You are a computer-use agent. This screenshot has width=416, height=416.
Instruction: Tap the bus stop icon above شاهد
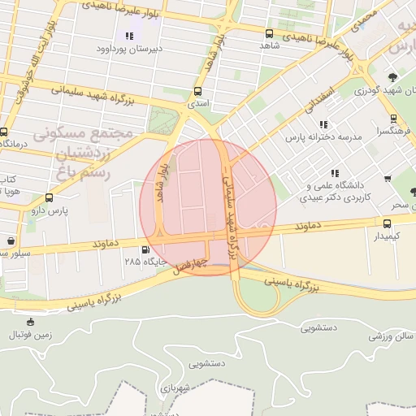pos(269,33)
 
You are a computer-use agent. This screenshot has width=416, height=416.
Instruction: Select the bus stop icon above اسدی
pos(197,92)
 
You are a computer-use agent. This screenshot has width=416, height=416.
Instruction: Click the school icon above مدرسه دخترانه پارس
pos(324,125)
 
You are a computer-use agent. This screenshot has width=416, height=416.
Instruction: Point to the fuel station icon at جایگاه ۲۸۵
pos(145,249)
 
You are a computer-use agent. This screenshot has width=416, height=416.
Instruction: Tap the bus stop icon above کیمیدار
pos(387,223)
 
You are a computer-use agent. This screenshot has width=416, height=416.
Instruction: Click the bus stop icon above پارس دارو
pos(50,197)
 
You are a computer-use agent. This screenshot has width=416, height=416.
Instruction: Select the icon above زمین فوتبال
pos(31,322)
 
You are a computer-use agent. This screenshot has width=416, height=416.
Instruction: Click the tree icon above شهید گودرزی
pos(393,77)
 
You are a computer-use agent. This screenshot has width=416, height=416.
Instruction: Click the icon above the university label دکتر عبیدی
pos(335,173)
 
